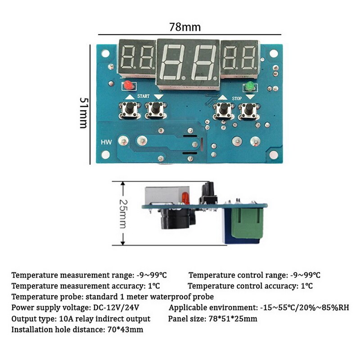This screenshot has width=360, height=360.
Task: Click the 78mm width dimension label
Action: point(184,27)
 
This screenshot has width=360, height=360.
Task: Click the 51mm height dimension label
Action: point(84,112)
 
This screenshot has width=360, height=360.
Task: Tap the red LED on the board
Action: point(128,85)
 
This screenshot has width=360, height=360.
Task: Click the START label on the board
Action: point(143,96)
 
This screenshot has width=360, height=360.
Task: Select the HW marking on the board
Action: point(106,142)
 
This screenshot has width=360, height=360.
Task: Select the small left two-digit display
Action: point(137,57)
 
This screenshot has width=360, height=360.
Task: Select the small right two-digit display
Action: point(240,57)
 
